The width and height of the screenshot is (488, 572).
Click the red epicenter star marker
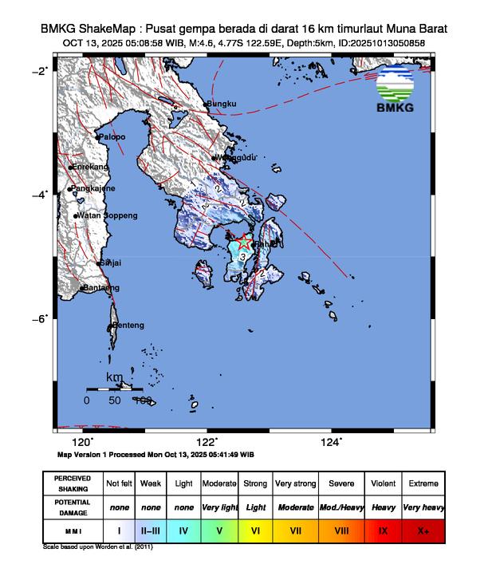(x=245, y=241)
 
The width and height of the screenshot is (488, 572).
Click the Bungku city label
(x=223, y=104)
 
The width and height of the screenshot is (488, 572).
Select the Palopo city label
(x=112, y=137)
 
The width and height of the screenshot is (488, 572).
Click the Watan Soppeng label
(x=108, y=215)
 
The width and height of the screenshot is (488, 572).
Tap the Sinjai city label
(x=111, y=262)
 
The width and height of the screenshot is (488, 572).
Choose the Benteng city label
(x=128, y=325)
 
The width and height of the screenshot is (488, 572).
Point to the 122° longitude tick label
(x=207, y=442)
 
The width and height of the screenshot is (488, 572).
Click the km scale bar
(x=114, y=389)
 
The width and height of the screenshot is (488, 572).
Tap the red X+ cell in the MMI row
(x=423, y=529)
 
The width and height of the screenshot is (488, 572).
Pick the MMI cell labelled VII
(x=295, y=529)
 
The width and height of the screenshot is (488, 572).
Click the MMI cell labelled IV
(x=185, y=529)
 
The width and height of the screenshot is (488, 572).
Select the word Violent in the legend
(x=383, y=483)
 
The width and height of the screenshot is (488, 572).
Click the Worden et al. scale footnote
(x=97, y=548)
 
